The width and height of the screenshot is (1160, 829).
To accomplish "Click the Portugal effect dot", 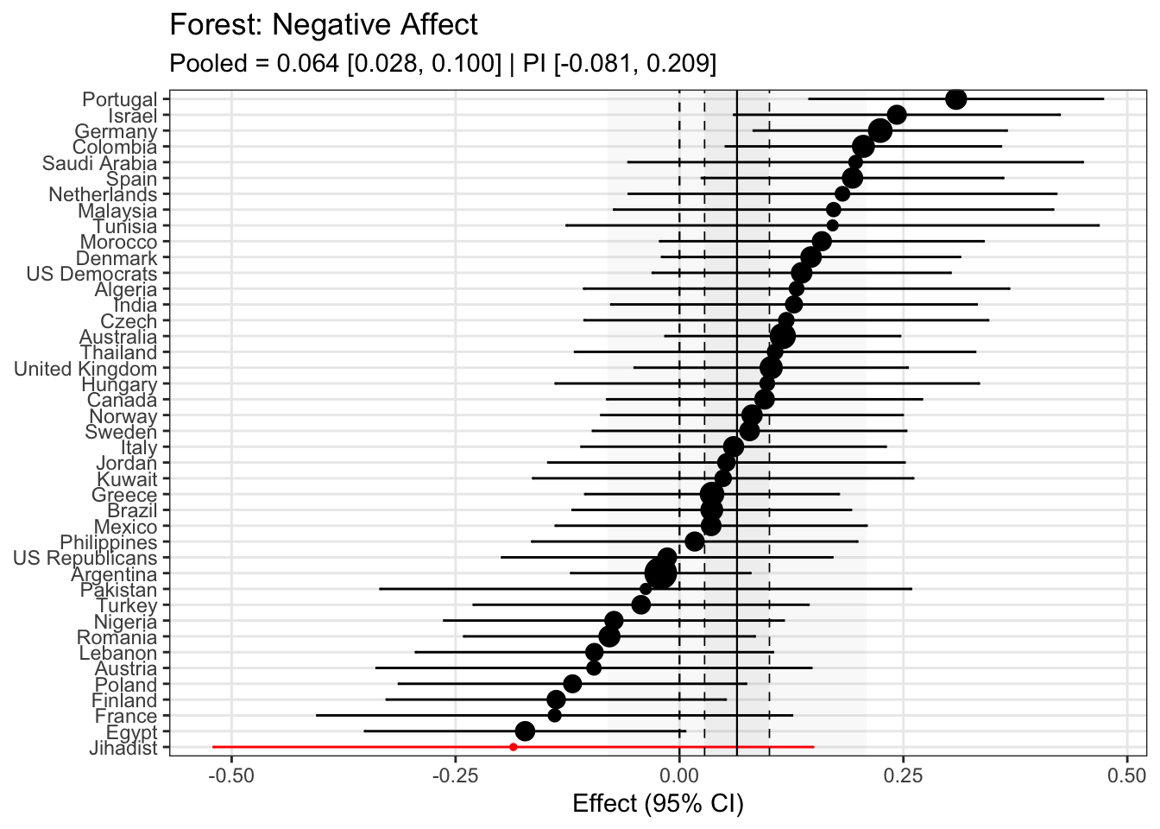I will click(955, 99).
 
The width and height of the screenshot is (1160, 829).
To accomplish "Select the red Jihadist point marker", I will click(514, 747).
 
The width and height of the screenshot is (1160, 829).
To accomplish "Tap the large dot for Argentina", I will click(661, 573).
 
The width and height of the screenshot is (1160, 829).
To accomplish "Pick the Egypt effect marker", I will click(525, 731).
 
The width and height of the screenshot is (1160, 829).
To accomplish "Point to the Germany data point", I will click(880, 130).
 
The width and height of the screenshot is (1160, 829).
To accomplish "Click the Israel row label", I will click(132, 116).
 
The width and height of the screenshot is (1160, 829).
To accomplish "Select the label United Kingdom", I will click(85, 369).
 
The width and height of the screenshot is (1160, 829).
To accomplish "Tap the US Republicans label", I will click(85, 559).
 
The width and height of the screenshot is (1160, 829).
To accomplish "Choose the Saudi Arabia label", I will click(99, 163).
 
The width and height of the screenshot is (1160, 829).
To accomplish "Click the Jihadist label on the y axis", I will click(123, 748).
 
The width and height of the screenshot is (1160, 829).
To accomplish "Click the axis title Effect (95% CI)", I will click(658, 805).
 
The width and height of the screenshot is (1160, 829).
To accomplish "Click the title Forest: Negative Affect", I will click(324, 25).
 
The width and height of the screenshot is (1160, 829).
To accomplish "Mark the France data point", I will click(554, 715).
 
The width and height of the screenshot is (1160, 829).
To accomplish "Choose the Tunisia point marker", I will click(832, 225).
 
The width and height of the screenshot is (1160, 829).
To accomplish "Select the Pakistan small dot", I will click(646, 589).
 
